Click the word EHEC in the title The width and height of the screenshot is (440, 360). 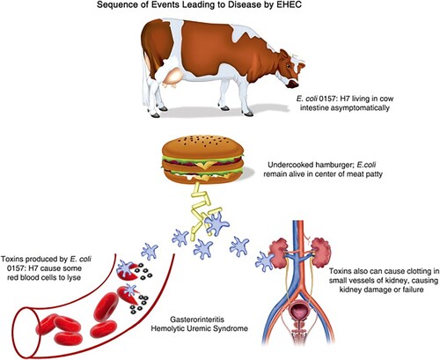290,5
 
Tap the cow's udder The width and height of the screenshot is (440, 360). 173,77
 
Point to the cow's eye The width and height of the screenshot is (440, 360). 289,65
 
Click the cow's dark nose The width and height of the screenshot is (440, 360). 293,84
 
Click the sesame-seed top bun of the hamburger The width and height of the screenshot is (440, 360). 202,147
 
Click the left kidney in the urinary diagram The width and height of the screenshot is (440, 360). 279,252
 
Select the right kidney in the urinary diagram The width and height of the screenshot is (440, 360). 321,252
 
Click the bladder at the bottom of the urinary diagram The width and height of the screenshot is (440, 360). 299,312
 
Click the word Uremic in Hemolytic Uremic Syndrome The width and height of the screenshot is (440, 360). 201,328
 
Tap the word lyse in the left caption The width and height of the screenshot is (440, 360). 74,277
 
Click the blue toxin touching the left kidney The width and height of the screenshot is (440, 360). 265,261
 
